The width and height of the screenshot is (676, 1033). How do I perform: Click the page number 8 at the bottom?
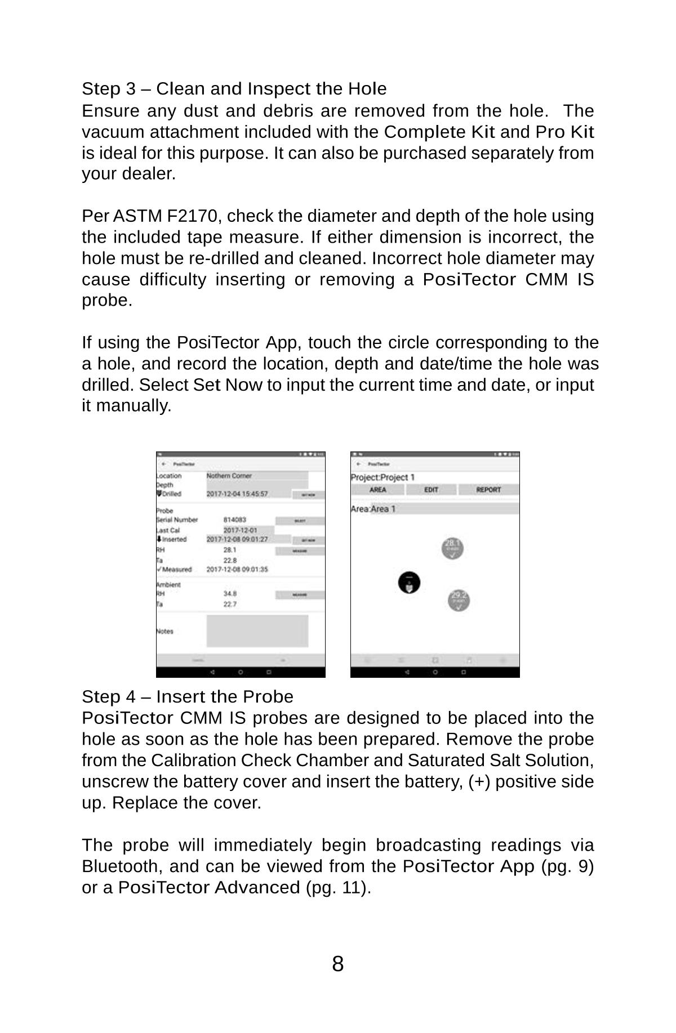click(337, 964)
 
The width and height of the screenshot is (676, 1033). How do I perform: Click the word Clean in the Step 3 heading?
click(177, 89)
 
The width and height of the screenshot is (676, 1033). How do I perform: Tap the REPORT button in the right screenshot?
click(488, 490)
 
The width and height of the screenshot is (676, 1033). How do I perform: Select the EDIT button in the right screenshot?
click(431, 490)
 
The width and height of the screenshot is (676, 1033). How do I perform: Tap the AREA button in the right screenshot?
click(378, 490)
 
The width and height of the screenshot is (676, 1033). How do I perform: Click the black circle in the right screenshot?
click(409, 583)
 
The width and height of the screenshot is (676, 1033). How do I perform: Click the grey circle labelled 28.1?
click(452, 548)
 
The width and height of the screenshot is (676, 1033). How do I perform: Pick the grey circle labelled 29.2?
click(459, 600)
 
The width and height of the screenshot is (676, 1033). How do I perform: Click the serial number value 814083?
click(235, 520)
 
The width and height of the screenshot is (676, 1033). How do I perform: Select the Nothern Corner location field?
click(256, 476)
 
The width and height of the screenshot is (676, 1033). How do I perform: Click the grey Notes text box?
click(257, 631)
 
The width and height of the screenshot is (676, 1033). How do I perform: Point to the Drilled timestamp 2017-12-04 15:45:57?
click(237, 494)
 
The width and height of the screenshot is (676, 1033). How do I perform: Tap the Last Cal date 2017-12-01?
click(241, 530)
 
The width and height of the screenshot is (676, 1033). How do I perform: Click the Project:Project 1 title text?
click(383, 477)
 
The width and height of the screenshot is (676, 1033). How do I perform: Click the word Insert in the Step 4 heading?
click(181, 697)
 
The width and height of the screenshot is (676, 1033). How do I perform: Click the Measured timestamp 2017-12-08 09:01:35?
click(237, 570)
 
